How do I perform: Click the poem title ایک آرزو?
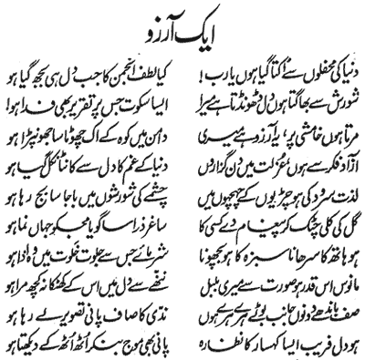(x=183, y=28)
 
